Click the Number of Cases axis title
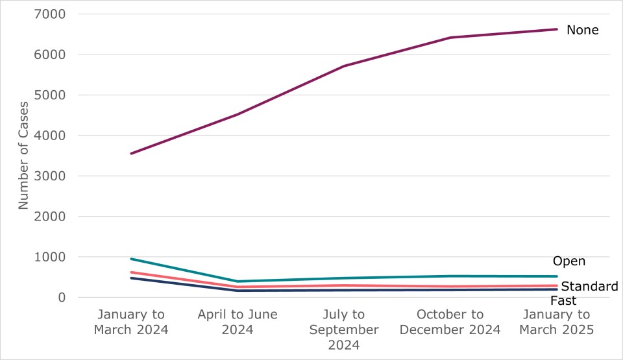[23, 155]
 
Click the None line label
[582, 30]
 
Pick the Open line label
[569, 261]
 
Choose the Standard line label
[589, 287]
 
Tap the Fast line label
[563, 301]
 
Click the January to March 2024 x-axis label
[131, 322]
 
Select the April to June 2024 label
[238, 322]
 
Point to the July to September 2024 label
[344, 330]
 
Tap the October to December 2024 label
[450, 322]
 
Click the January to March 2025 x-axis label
[556, 322]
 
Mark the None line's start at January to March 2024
[131, 154]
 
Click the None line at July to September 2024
[344, 66]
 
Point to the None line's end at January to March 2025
[556, 29]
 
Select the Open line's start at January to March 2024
[131, 259]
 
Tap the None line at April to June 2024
[238, 115]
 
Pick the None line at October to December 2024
[450, 38]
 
